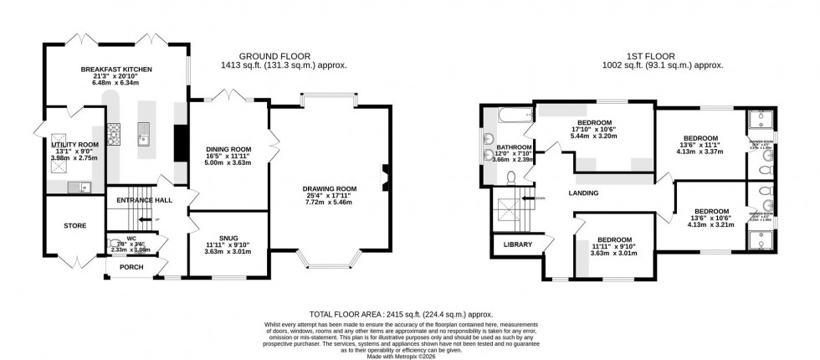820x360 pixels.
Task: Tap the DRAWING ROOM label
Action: [x=330, y=188]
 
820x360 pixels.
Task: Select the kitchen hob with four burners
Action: [x=114, y=132]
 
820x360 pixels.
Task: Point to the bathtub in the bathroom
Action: [x=505, y=116]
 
